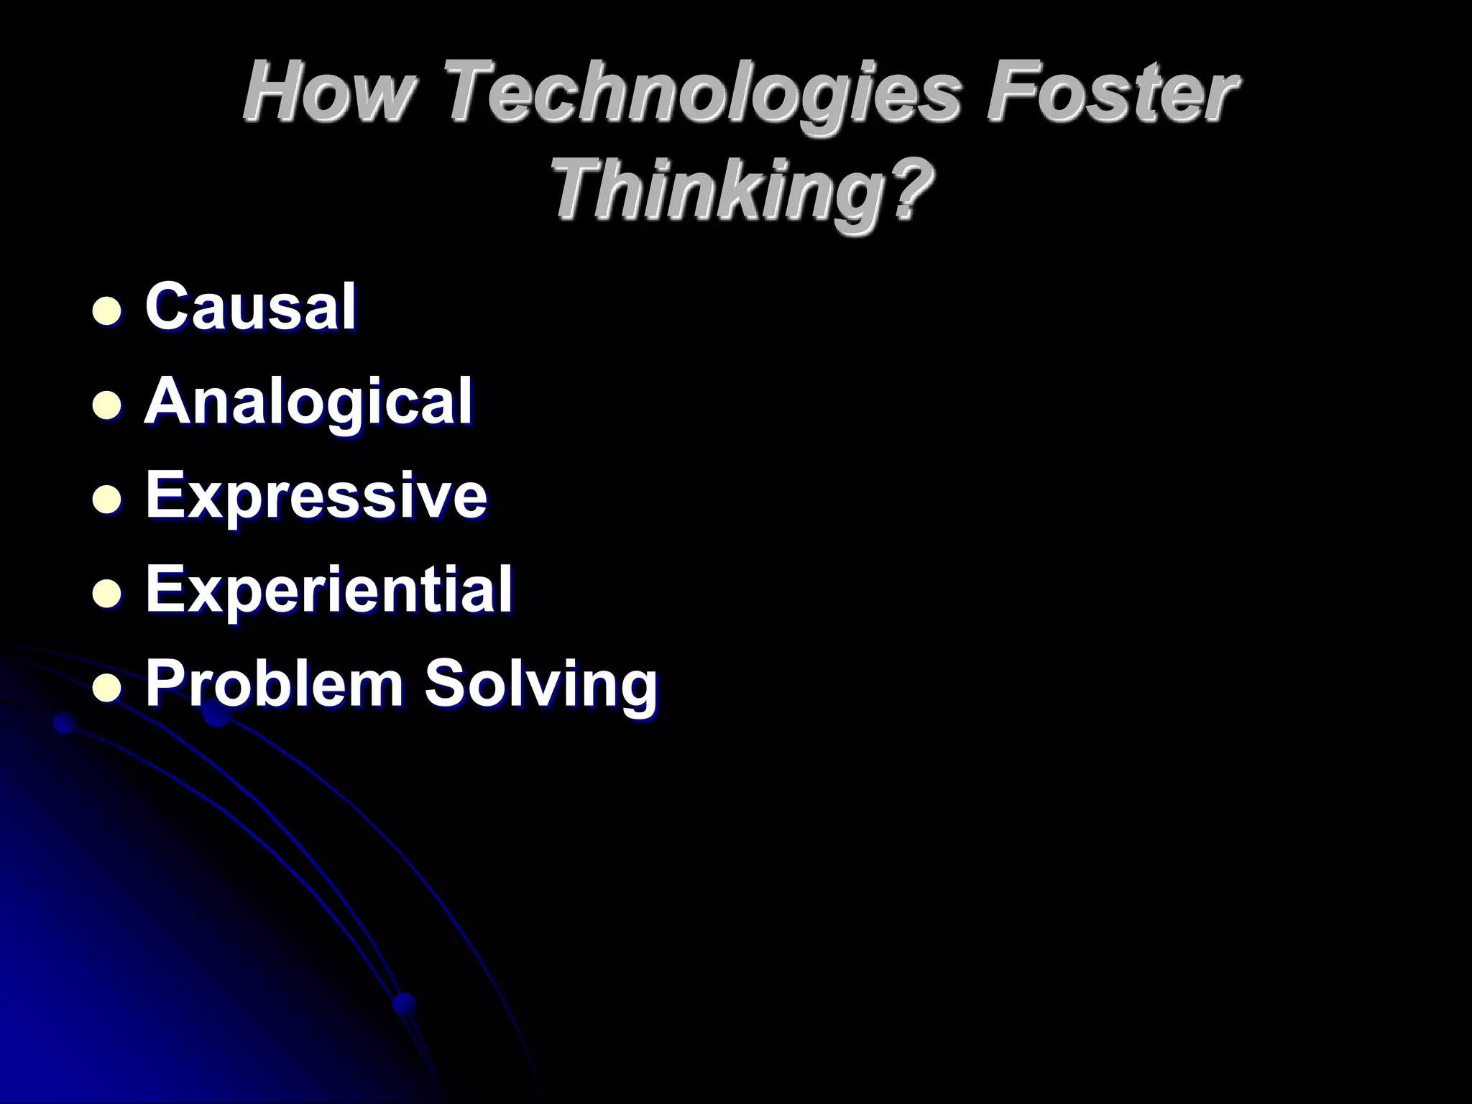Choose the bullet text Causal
tap(251, 307)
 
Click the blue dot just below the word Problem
tap(216, 714)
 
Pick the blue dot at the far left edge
tap(65, 722)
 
